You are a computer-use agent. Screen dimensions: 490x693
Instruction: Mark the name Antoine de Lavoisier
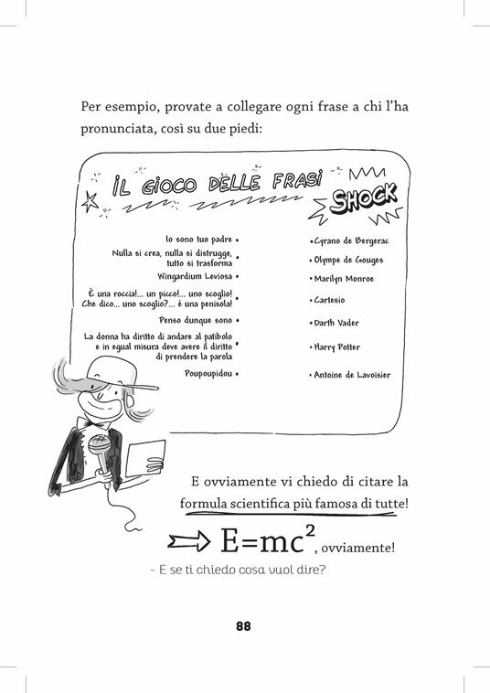[352, 374]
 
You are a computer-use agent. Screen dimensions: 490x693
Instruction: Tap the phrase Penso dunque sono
[197, 321]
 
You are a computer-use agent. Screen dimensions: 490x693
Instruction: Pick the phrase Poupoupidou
[208, 373]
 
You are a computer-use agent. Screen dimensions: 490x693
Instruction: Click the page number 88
[243, 626]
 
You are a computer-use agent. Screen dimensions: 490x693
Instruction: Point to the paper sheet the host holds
[145, 458]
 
